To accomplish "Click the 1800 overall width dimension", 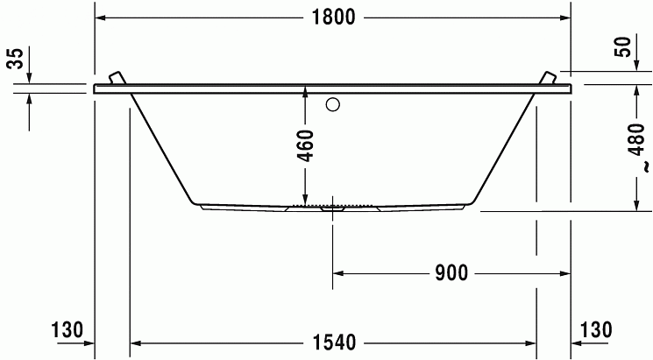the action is (x=334, y=18).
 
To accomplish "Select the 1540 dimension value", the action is (x=334, y=342).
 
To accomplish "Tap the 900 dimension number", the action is (x=451, y=273).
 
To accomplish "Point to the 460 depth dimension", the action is (x=307, y=145).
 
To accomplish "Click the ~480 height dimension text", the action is (x=637, y=148).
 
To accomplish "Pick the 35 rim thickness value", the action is (x=16, y=59).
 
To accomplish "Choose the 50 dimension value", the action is (x=623, y=47).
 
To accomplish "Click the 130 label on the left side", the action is (x=67, y=329).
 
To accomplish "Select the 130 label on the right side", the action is (x=596, y=329).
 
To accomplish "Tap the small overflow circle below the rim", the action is (x=333, y=104).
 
